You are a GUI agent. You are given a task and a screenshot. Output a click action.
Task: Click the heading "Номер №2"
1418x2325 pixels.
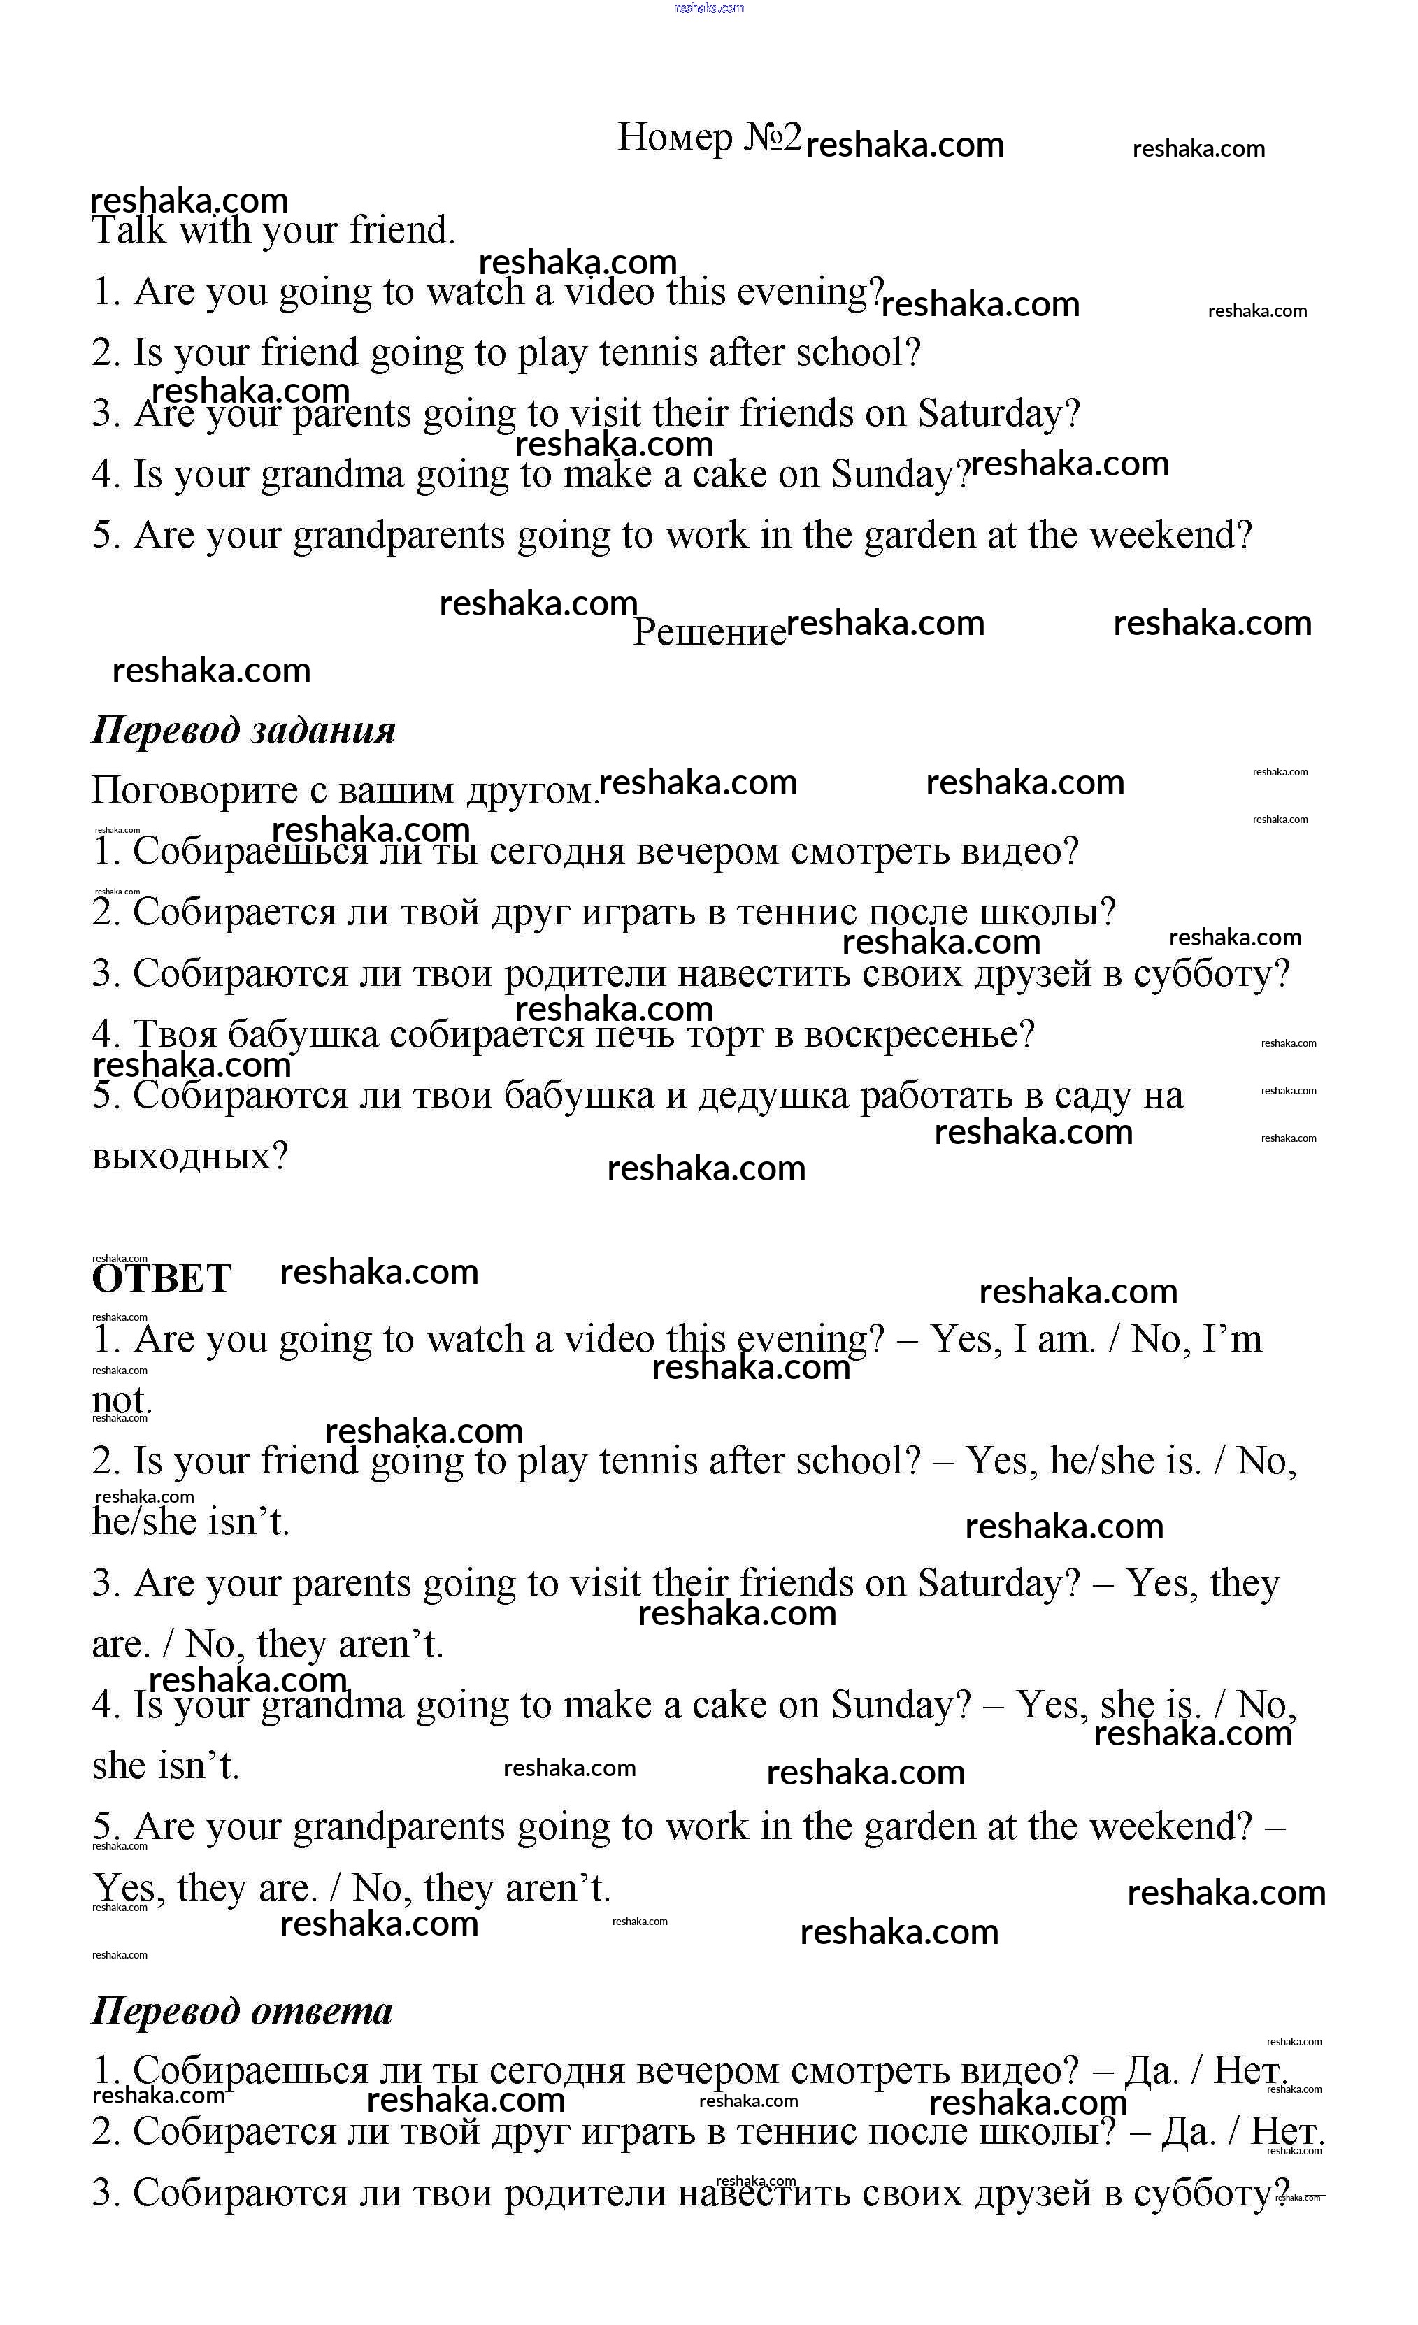click(x=708, y=138)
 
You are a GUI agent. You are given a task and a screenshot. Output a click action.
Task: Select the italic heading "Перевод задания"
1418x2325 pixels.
click(x=243, y=730)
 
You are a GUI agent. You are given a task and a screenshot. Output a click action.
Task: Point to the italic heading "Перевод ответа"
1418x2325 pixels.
click(x=241, y=2011)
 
